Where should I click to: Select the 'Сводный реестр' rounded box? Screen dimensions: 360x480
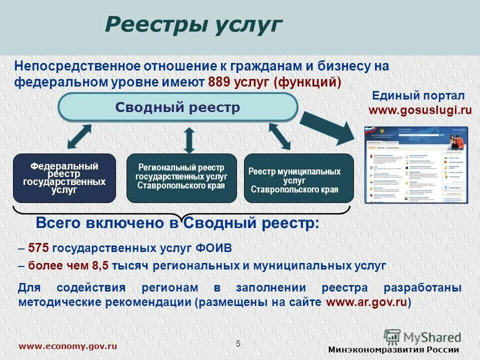pyautogui.click(x=178, y=107)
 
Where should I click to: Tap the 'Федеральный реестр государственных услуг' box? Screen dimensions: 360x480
pyautogui.click(x=64, y=178)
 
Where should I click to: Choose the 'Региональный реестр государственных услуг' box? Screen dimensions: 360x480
pyautogui.click(x=181, y=178)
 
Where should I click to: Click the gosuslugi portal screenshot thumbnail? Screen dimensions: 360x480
pyautogui.click(x=416, y=164)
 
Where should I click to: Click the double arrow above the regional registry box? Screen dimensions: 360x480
pyautogui.click(x=189, y=139)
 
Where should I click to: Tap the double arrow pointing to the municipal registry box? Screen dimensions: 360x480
pyautogui.click(x=279, y=136)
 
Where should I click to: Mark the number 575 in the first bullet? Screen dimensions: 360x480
pyautogui.click(x=38, y=248)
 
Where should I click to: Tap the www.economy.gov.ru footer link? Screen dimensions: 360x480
pyautogui.click(x=68, y=346)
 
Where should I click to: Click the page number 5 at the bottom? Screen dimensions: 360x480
pyautogui.click(x=238, y=343)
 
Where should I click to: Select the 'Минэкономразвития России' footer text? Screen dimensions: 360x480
pyautogui.click(x=393, y=349)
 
